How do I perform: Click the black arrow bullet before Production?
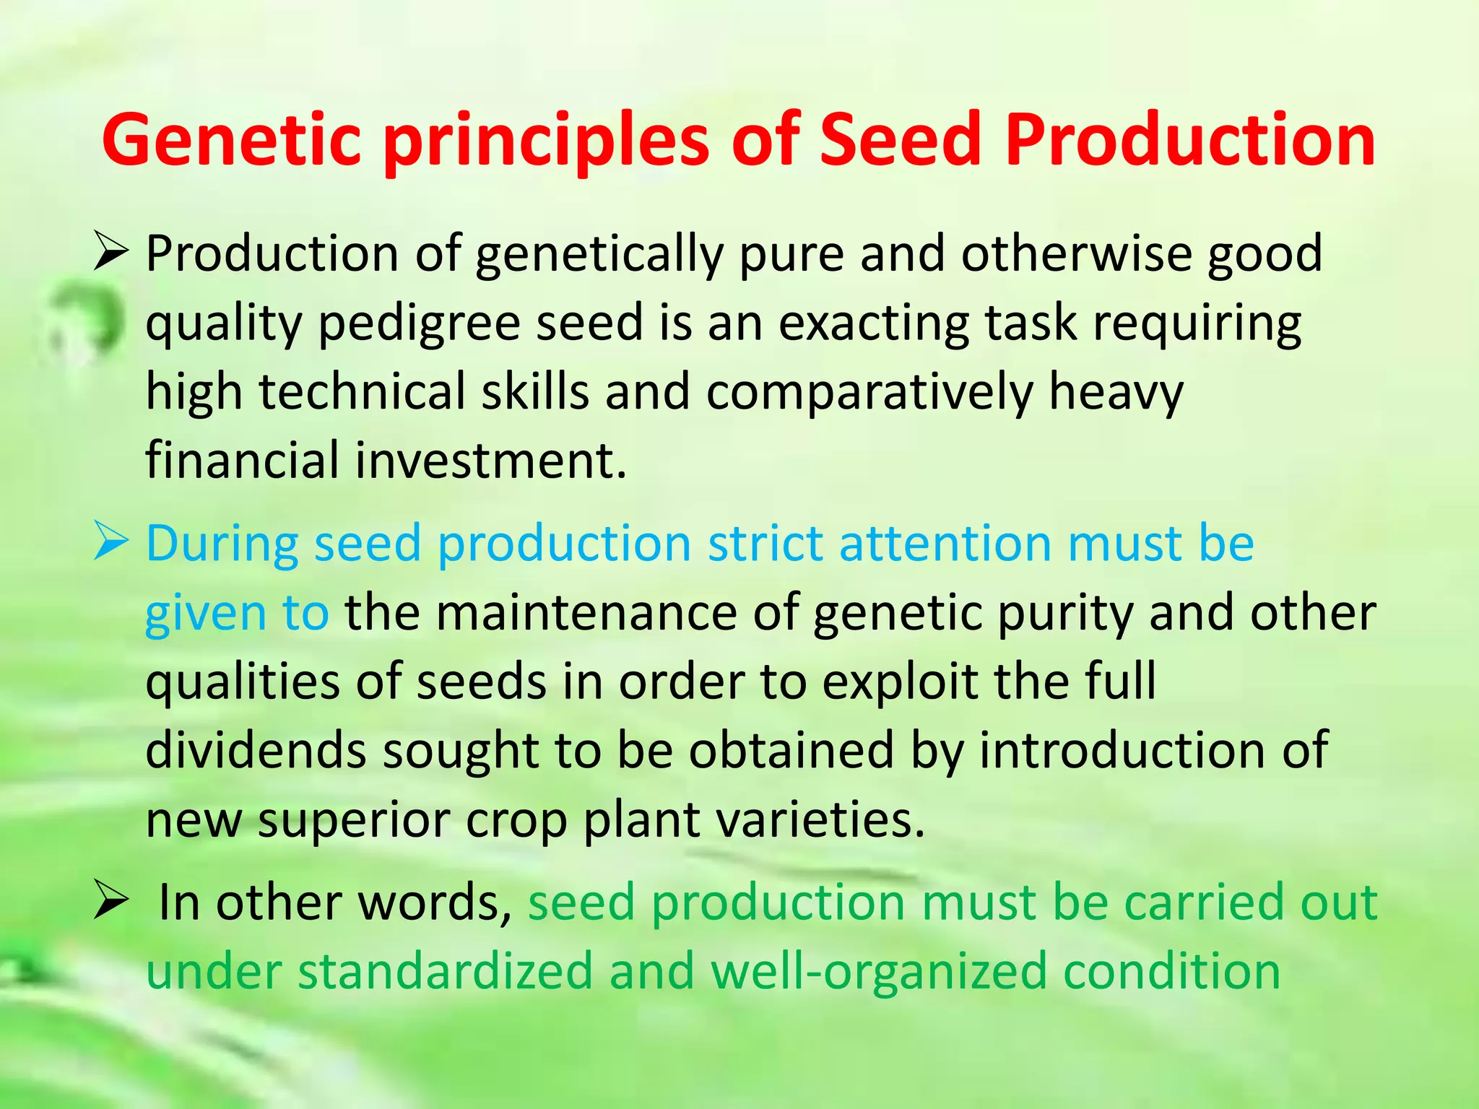point(110,255)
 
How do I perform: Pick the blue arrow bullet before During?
point(110,544)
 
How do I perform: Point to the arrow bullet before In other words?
point(110,903)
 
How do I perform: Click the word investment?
point(491,461)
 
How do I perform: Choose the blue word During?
point(222,543)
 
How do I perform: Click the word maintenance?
point(586,613)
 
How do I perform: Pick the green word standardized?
point(445,972)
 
